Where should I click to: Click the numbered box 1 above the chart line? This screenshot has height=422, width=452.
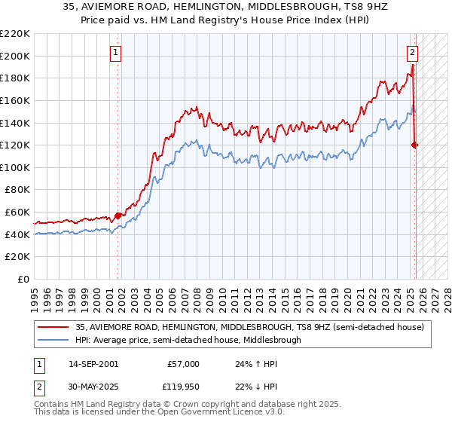coord(116,53)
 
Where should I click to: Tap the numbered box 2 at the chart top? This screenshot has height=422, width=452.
coord(413,53)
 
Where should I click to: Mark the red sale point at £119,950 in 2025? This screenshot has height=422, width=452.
coord(415,145)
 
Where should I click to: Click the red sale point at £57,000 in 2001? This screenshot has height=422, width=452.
coord(118,216)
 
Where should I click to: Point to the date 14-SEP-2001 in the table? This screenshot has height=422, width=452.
coord(93,364)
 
